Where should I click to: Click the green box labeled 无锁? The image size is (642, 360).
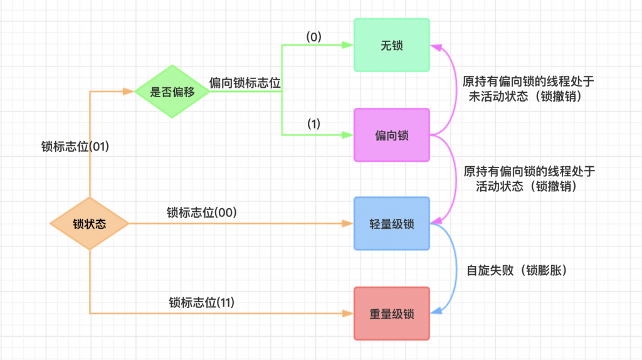click(x=391, y=45)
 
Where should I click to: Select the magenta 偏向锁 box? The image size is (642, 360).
click(x=391, y=135)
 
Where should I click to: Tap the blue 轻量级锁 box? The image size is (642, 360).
click(x=391, y=224)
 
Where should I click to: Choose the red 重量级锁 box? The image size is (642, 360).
click(x=391, y=313)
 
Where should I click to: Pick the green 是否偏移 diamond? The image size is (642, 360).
click(x=172, y=92)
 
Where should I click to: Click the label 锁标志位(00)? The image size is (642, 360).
click(x=201, y=213)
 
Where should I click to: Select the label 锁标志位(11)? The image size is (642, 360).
click(x=202, y=302)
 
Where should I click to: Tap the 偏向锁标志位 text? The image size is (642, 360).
click(x=245, y=82)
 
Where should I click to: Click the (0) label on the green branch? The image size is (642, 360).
click(x=313, y=37)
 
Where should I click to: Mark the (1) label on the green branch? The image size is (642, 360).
click(x=313, y=124)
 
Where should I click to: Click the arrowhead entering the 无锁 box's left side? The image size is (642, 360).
click(x=349, y=45)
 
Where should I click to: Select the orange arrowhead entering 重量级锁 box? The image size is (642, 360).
click(x=349, y=313)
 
